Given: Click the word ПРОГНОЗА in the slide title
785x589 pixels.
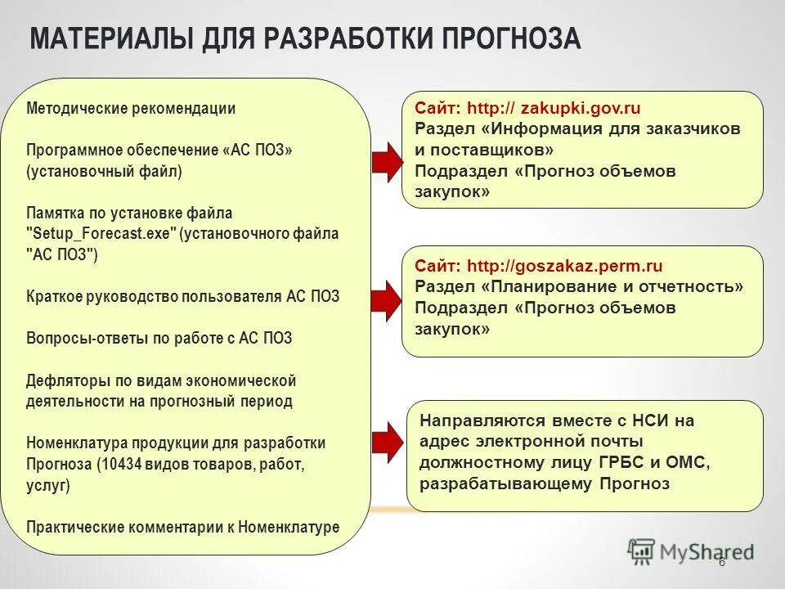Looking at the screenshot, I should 511,38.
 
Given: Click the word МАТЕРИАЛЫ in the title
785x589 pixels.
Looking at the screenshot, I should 108,38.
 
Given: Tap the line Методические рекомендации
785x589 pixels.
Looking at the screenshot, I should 131,108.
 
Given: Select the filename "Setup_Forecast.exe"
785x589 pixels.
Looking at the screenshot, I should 101,233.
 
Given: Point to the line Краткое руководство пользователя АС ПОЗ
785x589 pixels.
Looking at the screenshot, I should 182,296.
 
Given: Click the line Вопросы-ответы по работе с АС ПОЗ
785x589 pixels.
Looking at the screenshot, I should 159,338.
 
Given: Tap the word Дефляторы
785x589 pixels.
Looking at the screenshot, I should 63,380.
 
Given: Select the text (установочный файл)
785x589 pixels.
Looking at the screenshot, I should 104,172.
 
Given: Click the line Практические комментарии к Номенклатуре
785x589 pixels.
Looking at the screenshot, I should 182,527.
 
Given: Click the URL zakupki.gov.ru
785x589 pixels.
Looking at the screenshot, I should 581,108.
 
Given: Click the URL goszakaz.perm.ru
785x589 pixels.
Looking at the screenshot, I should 585,266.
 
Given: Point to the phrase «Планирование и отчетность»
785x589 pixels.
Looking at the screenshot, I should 612,286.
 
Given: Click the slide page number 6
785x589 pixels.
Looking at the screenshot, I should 721,562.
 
